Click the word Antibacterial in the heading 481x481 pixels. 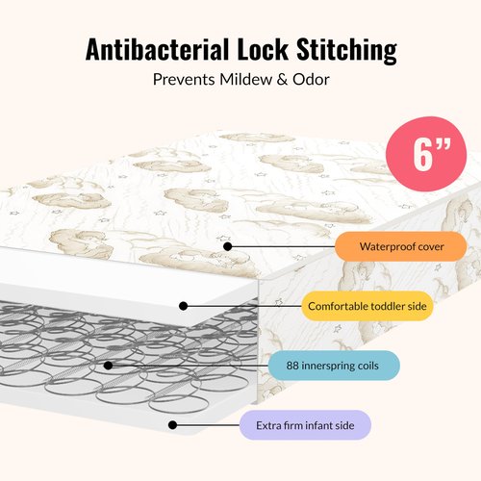click(158, 49)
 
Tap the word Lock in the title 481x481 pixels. click(263, 49)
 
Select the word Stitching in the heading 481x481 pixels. click(347, 51)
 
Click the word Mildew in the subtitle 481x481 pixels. click(245, 79)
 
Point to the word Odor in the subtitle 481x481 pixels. click(311, 79)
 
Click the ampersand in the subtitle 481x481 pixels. click(282, 80)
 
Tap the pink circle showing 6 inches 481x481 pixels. click(426, 154)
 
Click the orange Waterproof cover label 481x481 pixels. click(401, 246)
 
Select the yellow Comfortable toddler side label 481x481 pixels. click(367, 306)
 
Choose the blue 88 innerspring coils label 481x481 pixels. click(334, 366)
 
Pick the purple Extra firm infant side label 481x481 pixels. click(305, 425)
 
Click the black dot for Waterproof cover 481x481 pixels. click(228, 246)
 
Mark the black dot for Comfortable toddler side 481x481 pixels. click(183, 306)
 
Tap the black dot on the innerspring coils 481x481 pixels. click(109, 366)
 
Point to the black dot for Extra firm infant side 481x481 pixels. click(172, 425)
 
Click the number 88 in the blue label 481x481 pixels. click(292, 366)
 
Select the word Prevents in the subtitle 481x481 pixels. click(184, 79)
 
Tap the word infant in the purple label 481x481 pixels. click(318, 425)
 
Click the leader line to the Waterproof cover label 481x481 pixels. click(281, 246)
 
